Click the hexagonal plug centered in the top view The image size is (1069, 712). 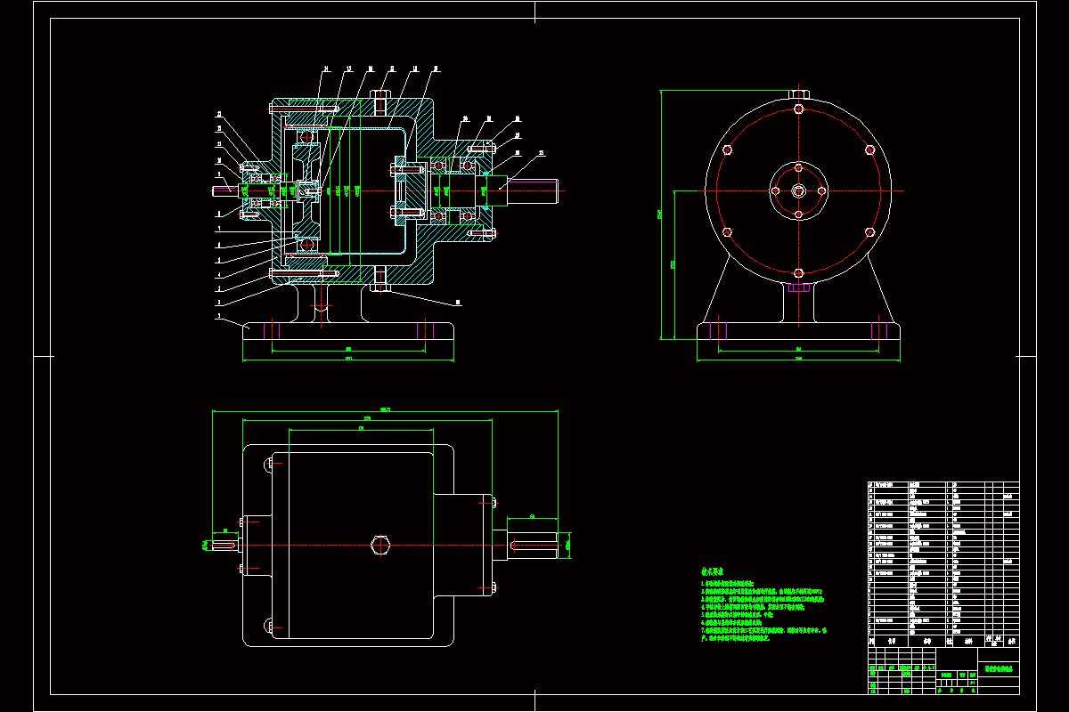coord(381,545)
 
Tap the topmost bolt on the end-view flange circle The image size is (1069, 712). coord(799,109)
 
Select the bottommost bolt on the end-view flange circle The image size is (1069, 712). coord(799,271)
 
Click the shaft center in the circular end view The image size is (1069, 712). coord(799,190)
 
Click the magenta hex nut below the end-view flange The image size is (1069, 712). coord(799,287)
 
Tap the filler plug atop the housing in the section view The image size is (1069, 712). coord(380,96)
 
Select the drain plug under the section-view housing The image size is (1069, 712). coord(380,286)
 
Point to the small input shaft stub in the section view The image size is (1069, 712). coord(223,189)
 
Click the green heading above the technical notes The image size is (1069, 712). coord(712,572)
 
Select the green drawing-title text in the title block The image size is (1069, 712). coord(997,668)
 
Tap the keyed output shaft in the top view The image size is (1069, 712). coord(534,544)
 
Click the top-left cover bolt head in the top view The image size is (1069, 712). coord(268,465)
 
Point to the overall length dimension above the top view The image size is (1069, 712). coord(384,410)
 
